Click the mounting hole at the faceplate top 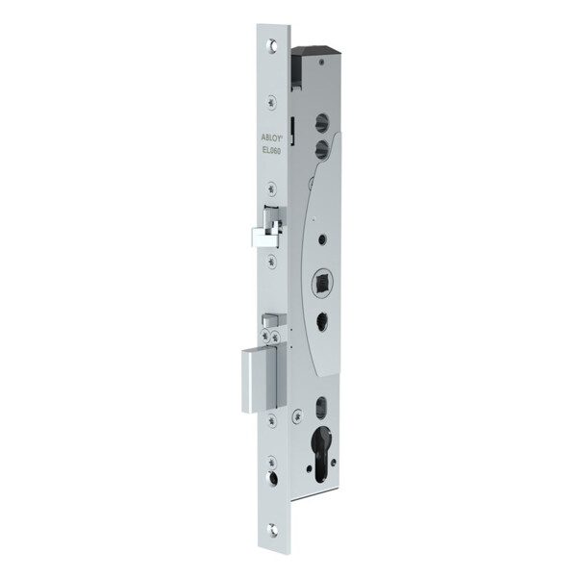273,44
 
